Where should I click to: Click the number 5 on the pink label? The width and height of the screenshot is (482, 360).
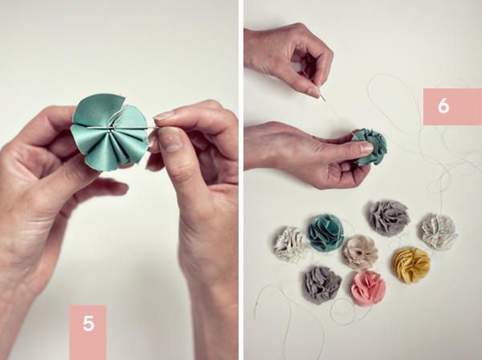point(88,323)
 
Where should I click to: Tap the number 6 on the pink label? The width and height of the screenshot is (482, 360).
point(443,106)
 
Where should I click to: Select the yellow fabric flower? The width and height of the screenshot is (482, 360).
point(411,265)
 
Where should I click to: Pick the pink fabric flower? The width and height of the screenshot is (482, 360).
point(368,288)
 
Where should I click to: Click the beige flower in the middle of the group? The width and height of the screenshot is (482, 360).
point(360,252)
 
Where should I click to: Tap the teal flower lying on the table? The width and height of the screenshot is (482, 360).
point(325,232)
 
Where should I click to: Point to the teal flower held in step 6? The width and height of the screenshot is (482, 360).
point(370,146)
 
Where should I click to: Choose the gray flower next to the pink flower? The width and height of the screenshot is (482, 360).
point(321,284)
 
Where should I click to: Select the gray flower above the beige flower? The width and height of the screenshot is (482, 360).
point(389,218)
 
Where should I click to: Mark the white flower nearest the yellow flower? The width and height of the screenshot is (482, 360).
point(439,231)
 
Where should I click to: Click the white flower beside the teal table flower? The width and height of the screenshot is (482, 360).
point(291,245)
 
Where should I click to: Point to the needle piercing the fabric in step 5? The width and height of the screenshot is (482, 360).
point(121,127)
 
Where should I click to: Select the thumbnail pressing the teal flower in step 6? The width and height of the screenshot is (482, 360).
point(366,148)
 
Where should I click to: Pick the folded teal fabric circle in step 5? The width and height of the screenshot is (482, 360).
point(110,132)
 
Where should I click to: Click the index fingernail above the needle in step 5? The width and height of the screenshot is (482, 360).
point(164,115)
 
